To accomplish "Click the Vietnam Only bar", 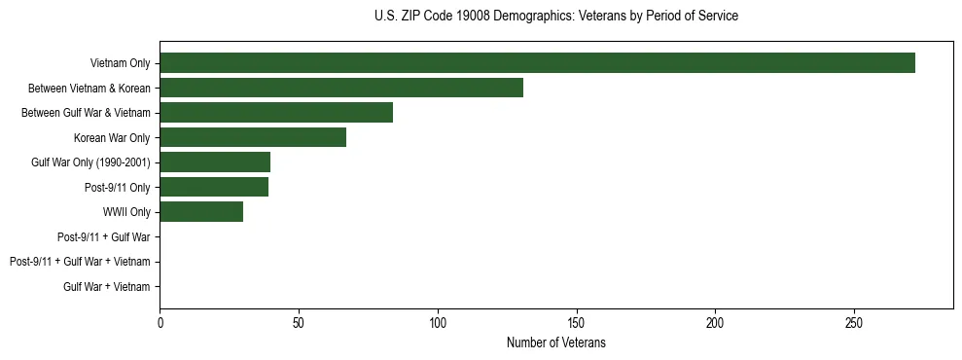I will [537, 63].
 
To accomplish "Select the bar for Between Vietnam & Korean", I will [341, 88].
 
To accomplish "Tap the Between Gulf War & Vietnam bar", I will [276, 113].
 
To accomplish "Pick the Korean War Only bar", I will [253, 137].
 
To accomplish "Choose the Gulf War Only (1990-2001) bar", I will [215, 162].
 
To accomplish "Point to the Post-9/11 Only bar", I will [214, 187].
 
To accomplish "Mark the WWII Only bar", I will [201, 212].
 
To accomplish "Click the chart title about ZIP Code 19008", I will [555, 17].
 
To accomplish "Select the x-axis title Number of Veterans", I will [555, 343].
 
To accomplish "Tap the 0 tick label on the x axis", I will [160, 324].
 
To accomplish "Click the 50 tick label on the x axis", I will [299, 324].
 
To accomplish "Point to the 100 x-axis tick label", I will [438, 324].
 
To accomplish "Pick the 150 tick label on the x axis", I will [577, 324].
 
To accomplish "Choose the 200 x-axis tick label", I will [715, 324].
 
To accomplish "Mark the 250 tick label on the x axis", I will [854, 324].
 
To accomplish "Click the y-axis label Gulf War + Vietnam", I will [107, 286].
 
